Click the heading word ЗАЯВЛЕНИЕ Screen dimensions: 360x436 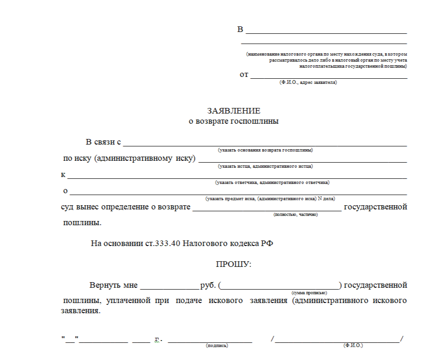tap(234, 111)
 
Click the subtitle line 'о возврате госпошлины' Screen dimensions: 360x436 tap(234, 122)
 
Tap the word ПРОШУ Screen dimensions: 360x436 tap(234, 264)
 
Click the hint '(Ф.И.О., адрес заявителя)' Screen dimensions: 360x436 tap(308, 82)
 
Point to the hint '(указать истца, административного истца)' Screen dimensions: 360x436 tap(265, 166)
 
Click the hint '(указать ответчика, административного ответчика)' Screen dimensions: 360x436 tap(272, 182)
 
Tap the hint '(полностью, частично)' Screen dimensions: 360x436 tap(295, 215)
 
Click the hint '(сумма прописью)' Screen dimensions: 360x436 tap(309, 293)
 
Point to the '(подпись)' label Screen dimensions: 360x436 tap(216, 346)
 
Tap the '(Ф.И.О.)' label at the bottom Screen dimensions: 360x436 tap(353, 346)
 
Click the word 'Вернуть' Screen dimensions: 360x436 tap(105, 285)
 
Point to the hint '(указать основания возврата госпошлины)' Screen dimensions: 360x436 tap(265, 150)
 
